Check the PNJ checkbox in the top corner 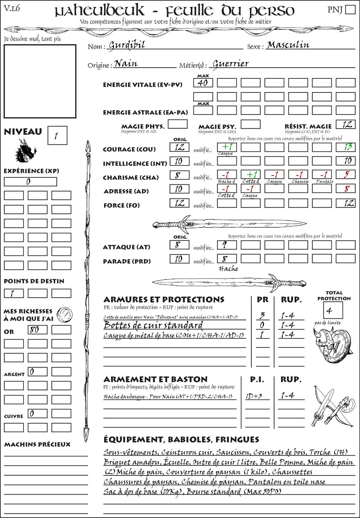tap(351, 9)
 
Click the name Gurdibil tap(127, 45)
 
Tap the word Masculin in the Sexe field tap(288, 45)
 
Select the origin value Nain tap(126, 64)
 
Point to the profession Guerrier tap(231, 64)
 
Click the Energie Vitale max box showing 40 tap(203, 83)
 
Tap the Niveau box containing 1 tap(57, 136)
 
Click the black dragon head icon tap(25, 151)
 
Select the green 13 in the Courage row tap(346, 147)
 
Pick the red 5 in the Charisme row tap(346, 175)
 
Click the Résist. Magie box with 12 tap(346, 124)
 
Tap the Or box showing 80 tap(38, 330)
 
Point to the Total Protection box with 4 tap(333, 310)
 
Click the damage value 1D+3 tap(254, 396)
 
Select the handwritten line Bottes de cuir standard tap(153, 325)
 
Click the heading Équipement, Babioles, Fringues tap(181, 440)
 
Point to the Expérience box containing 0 tap(30, 182)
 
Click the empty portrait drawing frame tap(40, 81)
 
